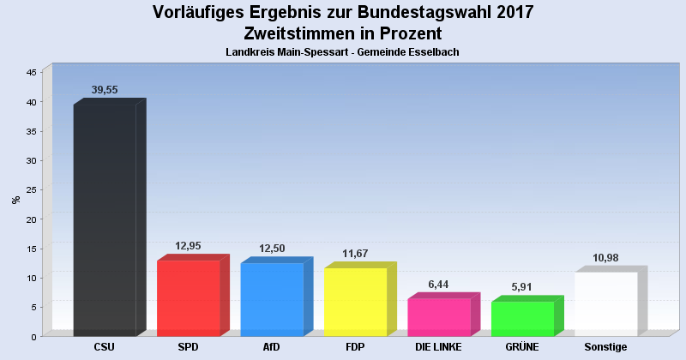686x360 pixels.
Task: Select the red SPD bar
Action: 189,297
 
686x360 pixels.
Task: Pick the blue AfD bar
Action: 272,299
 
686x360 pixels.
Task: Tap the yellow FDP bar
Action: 355,302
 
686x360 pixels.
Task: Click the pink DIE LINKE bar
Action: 439,317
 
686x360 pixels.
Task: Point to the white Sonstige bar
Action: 605,303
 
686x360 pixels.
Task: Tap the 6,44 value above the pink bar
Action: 438,284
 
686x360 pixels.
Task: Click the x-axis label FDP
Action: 355,347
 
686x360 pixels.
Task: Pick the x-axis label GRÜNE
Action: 521,347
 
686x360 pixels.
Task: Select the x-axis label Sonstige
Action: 605,347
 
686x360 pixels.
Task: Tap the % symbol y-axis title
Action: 15,200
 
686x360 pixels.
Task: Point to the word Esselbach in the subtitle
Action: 435,52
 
